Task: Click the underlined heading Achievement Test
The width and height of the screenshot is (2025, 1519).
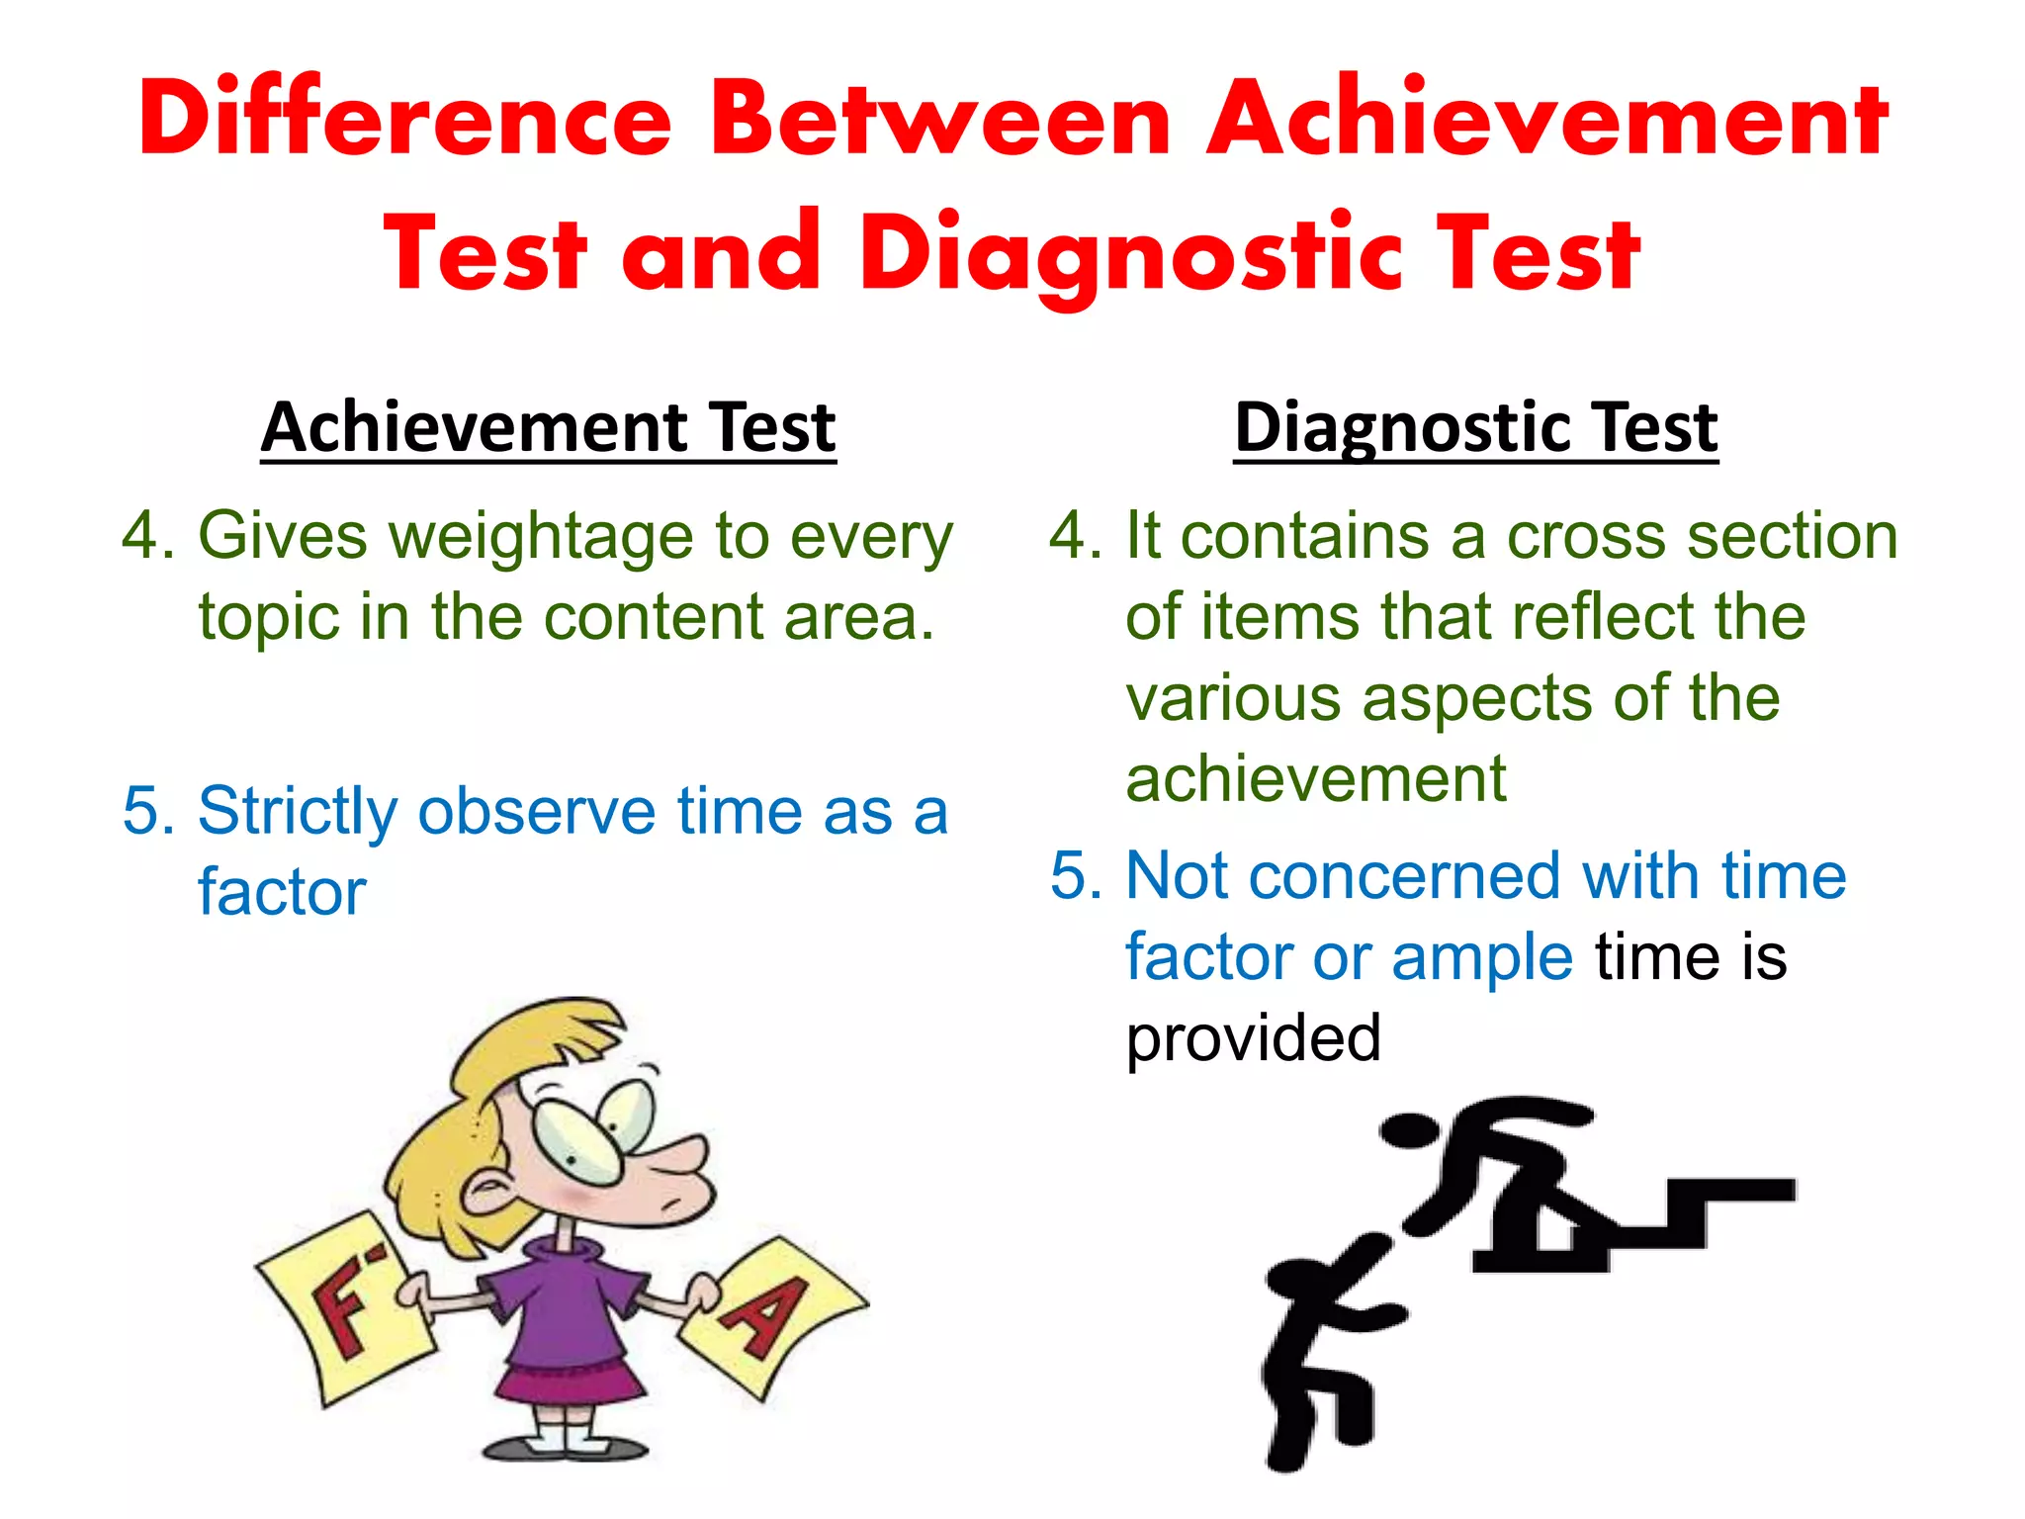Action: click(549, 427)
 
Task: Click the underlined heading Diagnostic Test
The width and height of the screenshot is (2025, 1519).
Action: click(1476, 427)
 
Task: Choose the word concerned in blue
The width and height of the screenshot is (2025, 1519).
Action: click(1404, 876)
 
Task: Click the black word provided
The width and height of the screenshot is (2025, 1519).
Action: click(1253, 1038)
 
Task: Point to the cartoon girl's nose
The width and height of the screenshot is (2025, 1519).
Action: click(682, 1167)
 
